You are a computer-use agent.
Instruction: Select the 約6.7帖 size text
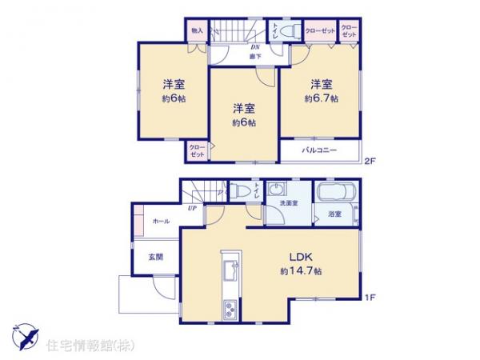tap(320, 99)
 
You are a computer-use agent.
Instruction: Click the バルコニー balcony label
tap(319, 150)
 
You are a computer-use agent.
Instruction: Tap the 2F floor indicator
tap(369, 161)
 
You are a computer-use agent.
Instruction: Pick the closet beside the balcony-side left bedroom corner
tap(196, 150)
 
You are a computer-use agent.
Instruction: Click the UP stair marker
tap(193, 209)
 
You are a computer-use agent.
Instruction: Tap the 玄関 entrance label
tap(155, 257)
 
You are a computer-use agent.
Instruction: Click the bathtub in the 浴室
tap(335, 194)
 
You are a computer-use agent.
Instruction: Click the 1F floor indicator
tap(369, 298)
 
